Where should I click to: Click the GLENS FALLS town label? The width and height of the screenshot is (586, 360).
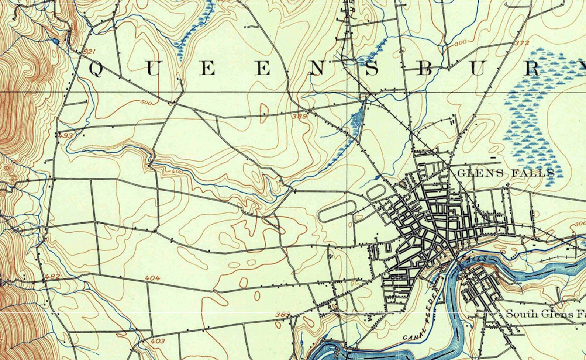pyautogui.click(x=506, y=173)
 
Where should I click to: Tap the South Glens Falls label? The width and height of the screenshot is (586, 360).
pyautogui.click(x=545, y=314)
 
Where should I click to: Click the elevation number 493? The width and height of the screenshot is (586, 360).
pyautogui.click(x=65, y=136)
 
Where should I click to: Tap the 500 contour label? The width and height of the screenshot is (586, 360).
pyautogui.click(x=146, y=103)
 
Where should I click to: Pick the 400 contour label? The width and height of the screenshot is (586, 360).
pyautogui.click(x=177, y=172)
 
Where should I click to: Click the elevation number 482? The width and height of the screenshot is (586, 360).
pyautogui.click(x=52, y=276)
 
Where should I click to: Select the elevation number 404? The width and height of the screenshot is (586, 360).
pyautogui.click(x=152, y=278)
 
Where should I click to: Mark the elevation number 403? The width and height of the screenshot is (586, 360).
pyautogui.click(x=158, y=341)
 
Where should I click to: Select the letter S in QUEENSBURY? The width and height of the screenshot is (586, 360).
pyautogui.click(x=372, y=69)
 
